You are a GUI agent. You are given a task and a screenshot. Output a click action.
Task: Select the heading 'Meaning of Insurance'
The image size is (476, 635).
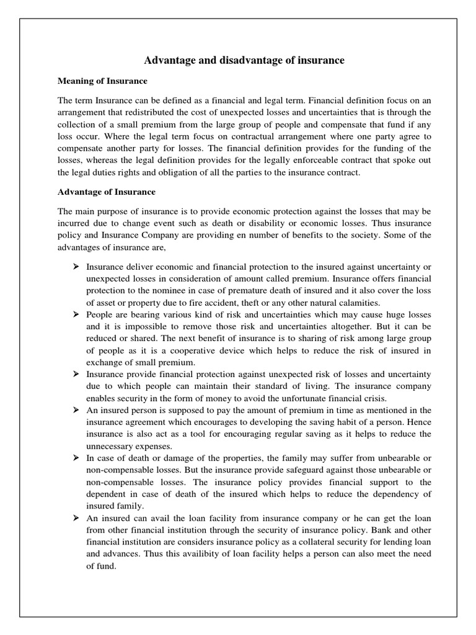click(x=102, y=81)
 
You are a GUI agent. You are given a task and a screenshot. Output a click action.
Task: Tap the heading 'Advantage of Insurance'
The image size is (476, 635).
click(x=107, y=192)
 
